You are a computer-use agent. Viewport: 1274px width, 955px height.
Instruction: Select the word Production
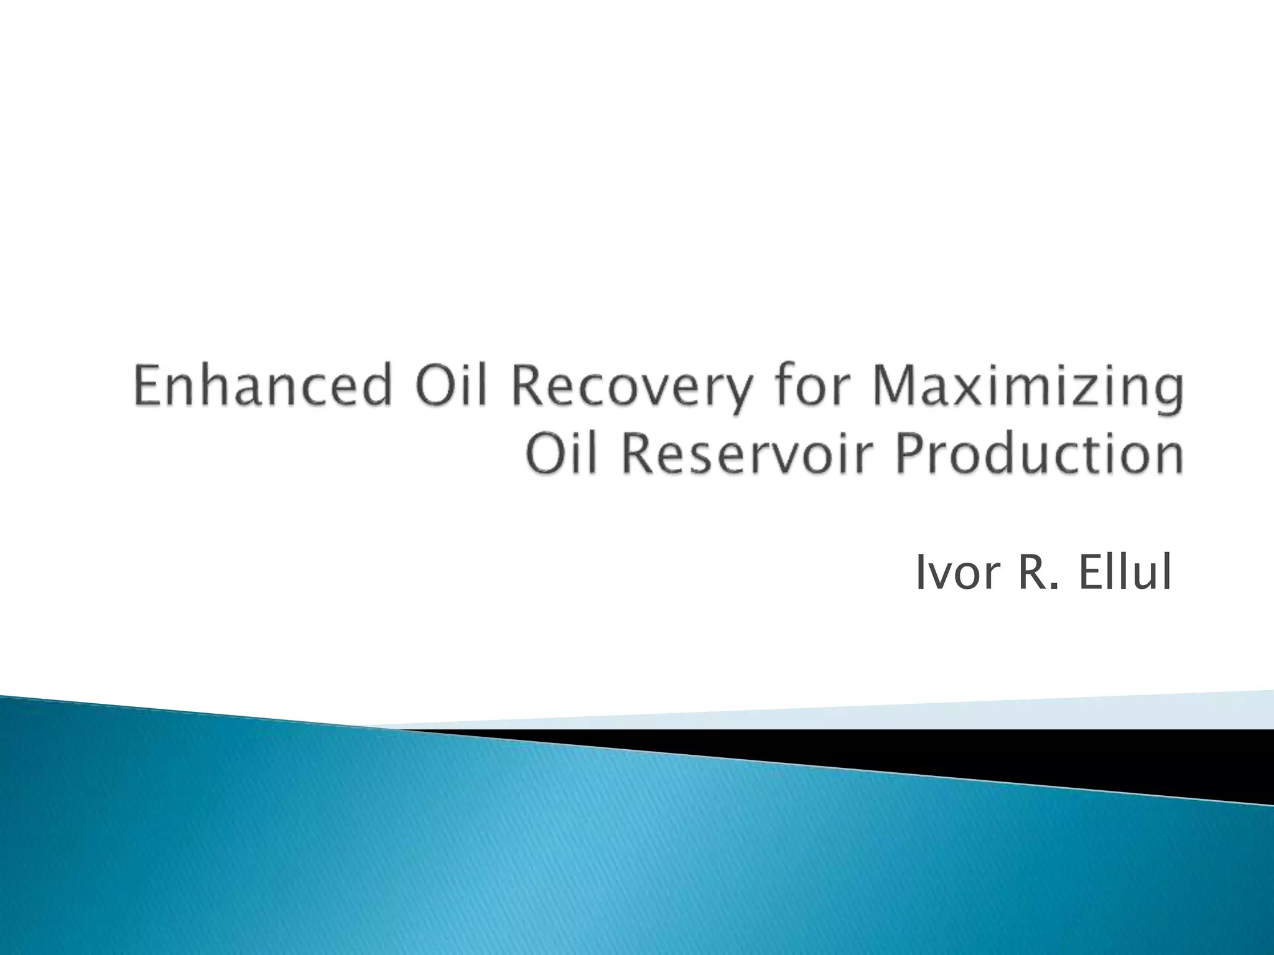[1039, 455]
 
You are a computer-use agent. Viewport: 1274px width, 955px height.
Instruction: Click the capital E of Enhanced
[147, 387]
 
